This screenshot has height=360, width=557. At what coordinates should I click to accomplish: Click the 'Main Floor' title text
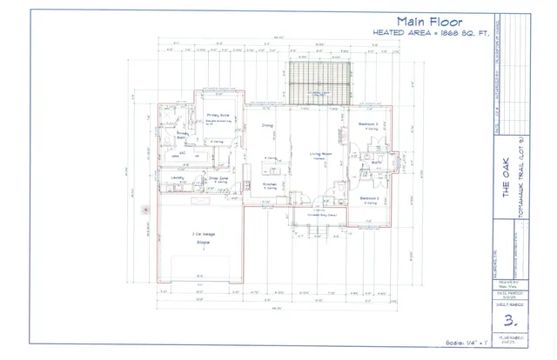pyautogui.click(x=431, y=21)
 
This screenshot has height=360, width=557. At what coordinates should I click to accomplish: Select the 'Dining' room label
pyautogui.click(x=268, y=126)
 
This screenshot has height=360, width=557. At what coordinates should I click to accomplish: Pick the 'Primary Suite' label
pyautogui.click(x=218, y=115)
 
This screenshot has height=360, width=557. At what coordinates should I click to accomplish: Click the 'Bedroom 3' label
pyautogui.click(x=368, y=124)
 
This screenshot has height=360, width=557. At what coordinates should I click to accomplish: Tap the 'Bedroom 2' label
pyautogui.click(x=368, y=198)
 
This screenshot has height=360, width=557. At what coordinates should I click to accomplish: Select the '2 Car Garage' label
pyautogui.click(x=204, y=235)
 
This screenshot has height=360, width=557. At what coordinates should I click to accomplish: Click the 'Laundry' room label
pyautogui.click(x=178, y=177)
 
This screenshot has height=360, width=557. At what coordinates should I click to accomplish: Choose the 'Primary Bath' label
pyautogui.click(x=183, y=135)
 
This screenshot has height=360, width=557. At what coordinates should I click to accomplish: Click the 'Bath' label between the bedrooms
pyautogui.click(x=376, y=162)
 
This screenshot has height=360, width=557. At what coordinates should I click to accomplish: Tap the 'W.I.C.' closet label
pyautogui.click(x=184, y=155)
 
